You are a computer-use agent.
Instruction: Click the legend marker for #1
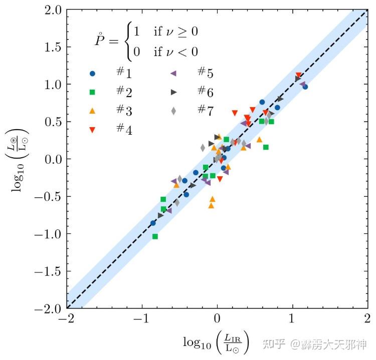(92, 74)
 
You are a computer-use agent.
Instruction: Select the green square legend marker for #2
(92, 92)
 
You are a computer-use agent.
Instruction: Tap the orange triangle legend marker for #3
(92, 110)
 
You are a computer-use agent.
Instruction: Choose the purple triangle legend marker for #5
(173, 74)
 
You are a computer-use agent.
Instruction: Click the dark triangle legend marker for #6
(173, 92)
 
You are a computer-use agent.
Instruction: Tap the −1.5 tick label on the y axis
(47, 272)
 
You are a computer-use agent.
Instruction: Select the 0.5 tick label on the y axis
(51, 122)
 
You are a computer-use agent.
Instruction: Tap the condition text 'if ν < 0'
(176, 51)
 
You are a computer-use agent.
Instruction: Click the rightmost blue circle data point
(305, 87)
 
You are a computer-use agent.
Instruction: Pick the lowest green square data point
(155, 236)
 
